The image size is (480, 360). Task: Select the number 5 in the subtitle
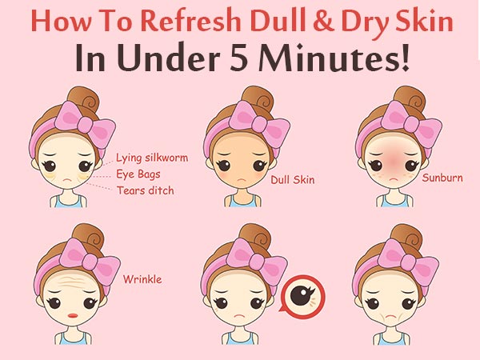[x=238, y=58]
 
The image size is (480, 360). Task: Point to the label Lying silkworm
[x=152, y=158]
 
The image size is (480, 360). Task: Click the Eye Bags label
[x=138, y=174]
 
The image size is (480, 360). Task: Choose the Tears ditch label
[x=146, y=190]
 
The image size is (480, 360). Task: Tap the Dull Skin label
[x=293, y=180]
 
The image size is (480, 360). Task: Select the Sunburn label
[x=442, y=178]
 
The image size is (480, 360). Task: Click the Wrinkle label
[x=142, y=279]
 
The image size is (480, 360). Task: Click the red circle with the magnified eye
[x=303, y=295]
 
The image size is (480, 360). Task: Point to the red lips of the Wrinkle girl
[x=73, y=316]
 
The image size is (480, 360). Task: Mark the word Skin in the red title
[x=424, y=21]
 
